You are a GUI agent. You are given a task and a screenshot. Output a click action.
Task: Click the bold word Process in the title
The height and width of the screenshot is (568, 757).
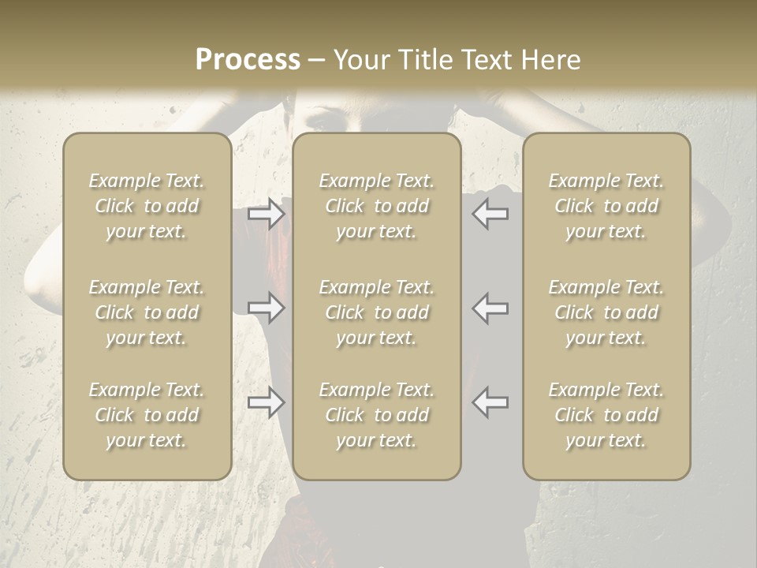click(248, 59)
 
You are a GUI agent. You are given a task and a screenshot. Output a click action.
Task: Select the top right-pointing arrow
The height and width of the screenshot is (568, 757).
click(267, 214)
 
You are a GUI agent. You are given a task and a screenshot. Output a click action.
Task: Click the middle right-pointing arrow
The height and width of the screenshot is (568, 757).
click(267, 308)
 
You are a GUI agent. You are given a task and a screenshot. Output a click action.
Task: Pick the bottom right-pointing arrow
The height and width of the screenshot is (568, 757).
click(267, 402)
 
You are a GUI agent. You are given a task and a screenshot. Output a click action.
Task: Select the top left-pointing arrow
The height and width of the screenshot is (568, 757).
click(490, 214)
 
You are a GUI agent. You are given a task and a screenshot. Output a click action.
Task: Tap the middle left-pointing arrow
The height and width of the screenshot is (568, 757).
click(490, 308)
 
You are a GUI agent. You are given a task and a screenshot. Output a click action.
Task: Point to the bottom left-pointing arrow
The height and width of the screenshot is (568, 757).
click(490, 402)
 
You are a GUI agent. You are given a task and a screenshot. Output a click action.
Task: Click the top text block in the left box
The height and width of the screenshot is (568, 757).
click(147, 206)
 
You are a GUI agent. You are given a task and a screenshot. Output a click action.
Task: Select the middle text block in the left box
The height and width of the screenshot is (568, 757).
click(147, 312)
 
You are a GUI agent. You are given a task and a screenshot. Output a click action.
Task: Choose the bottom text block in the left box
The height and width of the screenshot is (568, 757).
click(147, 415)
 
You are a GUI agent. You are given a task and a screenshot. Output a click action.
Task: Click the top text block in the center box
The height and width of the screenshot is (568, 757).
click(376, 206)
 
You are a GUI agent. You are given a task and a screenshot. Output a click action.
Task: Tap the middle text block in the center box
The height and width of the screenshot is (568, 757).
click(376, 312)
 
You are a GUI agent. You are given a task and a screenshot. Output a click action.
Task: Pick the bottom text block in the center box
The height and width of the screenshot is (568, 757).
click(376, 415)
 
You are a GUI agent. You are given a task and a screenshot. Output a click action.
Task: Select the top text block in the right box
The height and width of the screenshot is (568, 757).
click(606, 206)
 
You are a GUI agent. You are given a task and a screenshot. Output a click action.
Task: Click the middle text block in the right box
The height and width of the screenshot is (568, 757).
click(606, 312)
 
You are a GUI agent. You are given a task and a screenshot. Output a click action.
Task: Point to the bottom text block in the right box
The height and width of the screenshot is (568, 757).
click(606, 415)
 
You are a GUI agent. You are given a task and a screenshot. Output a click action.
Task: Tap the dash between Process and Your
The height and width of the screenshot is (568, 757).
click(316, 61)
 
